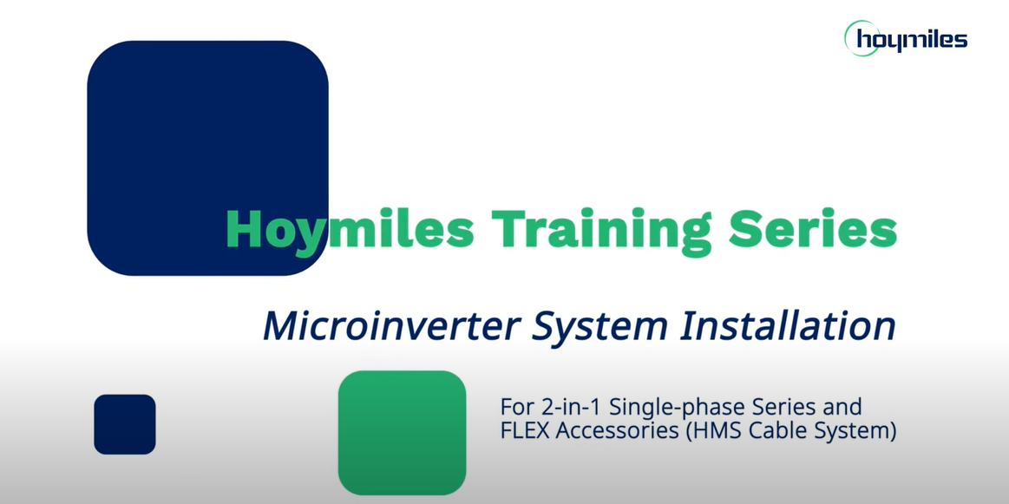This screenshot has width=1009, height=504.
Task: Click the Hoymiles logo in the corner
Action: point(906,38)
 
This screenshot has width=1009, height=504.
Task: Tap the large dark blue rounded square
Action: point(207,159)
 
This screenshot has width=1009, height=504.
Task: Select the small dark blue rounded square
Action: point(125,424)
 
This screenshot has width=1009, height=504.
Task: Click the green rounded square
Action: point(403,433)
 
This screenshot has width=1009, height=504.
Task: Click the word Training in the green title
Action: point(601,231)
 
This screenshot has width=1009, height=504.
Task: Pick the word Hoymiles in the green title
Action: point(350,231)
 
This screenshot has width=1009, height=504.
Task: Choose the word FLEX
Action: point(524,430)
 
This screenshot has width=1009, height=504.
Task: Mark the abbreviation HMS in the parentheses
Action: point(712,431)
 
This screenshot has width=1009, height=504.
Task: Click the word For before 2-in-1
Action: point(514,407)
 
